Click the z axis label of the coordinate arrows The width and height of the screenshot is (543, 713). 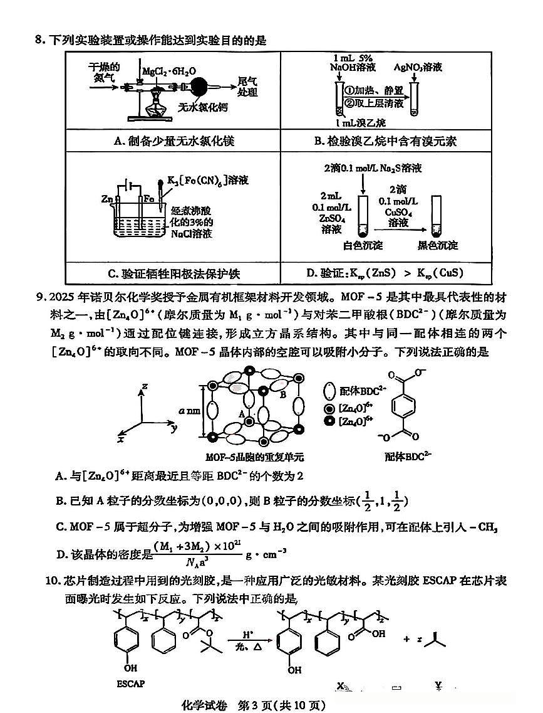(144, 387)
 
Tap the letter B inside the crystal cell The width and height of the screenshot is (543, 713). (283, 394)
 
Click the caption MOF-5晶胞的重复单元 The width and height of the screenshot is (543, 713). (251, 457)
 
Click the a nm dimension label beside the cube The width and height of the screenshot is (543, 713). (188, 411)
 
